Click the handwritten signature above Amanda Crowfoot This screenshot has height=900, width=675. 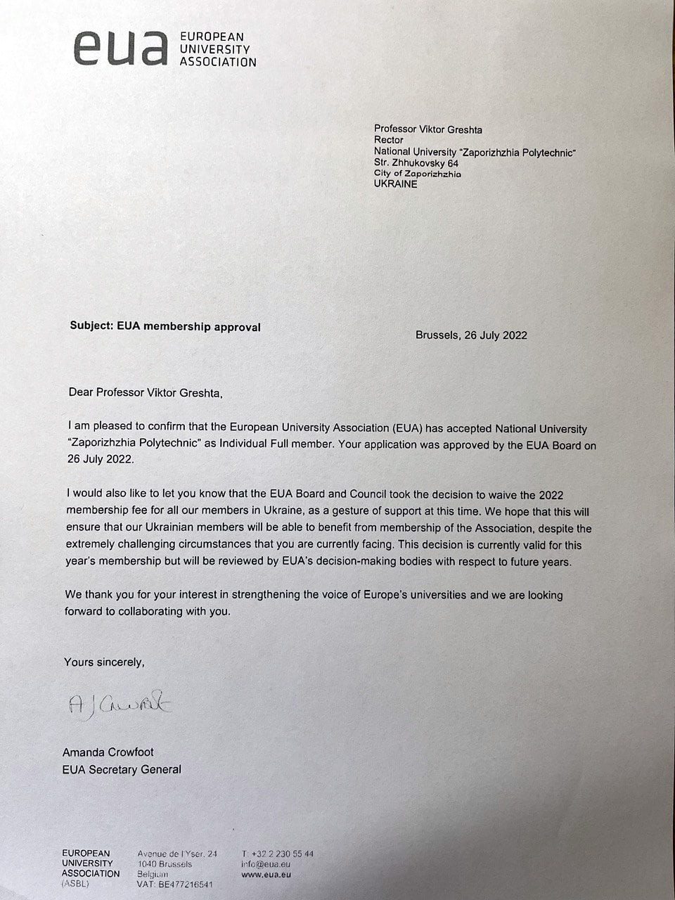120,704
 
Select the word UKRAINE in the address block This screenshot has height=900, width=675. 395,184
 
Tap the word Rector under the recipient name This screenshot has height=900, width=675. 389,140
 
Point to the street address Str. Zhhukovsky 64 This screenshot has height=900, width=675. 416,163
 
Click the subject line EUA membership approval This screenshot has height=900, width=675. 165,326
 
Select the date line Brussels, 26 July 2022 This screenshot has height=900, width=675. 471,335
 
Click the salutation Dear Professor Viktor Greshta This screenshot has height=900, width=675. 146,392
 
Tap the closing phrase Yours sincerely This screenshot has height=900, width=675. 104,662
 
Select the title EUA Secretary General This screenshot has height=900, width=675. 122,769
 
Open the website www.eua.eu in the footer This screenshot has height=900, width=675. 266,875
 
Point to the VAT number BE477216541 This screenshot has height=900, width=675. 175,885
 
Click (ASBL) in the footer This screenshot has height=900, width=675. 75,884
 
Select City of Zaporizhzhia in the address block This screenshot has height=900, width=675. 418,174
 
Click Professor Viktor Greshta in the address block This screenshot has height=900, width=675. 428,129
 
